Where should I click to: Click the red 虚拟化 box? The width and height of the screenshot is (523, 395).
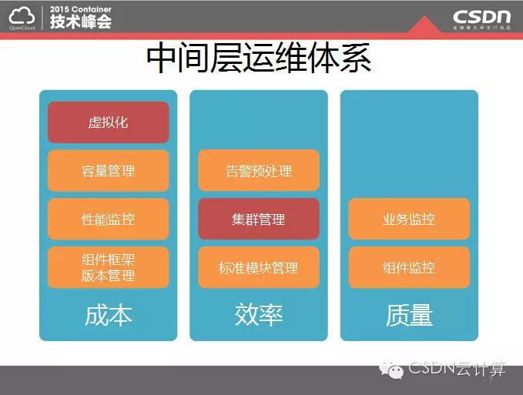point(108,122)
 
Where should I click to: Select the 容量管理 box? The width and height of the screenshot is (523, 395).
point(108,171)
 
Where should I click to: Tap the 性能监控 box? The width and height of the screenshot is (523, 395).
point(108,219)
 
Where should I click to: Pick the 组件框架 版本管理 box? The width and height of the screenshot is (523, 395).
point(108,267)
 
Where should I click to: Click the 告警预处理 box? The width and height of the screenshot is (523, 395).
point(259,171)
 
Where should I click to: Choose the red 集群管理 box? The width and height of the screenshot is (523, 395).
point(259,219)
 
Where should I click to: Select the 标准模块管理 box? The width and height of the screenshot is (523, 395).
point(259,267)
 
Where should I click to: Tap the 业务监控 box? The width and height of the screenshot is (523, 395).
point(409,219)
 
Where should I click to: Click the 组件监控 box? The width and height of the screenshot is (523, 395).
point(409,267)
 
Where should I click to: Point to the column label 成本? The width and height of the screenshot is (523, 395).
point(108,315)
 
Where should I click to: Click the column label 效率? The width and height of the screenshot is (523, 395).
point(259,315)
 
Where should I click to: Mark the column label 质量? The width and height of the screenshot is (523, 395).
point(409,315)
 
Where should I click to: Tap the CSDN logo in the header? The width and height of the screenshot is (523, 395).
point(481,16)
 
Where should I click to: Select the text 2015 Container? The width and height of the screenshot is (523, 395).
point(81,8)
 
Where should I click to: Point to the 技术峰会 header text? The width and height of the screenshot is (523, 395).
point(81,22)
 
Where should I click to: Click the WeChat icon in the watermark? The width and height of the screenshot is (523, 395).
point(393,370)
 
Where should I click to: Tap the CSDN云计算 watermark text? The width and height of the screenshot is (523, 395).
point(457,370)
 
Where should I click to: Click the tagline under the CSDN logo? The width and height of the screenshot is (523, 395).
point(481,28)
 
